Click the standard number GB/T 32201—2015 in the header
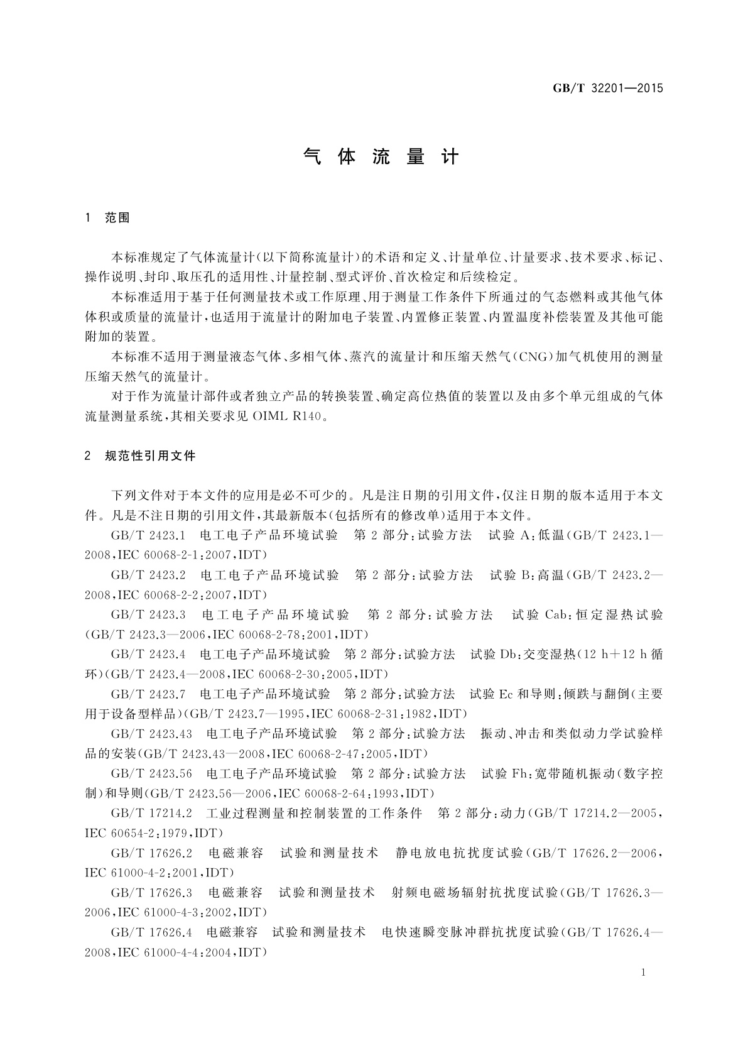point(607,88)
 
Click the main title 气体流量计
point(381,156)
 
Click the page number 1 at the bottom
point(644,973)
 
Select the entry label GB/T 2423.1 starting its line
point(148,535)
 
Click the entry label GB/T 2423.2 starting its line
point(148,575)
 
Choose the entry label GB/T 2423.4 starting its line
point(148,654)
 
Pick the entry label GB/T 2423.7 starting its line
point(148,694)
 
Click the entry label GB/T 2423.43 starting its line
point(151,733)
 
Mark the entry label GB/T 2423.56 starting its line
point(151,773)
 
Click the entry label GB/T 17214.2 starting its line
point(151,813)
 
